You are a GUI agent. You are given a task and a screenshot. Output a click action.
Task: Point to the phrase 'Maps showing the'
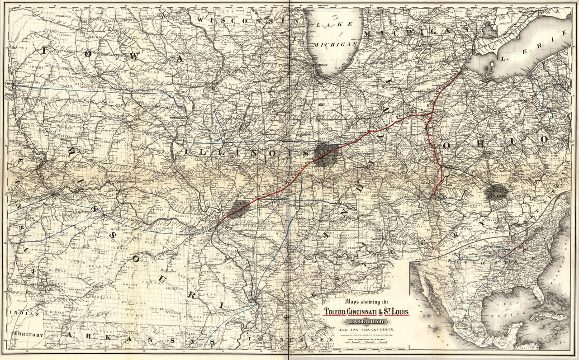[x=366, y=302]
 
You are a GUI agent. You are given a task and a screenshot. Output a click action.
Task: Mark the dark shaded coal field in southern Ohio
[x=496, y=192]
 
